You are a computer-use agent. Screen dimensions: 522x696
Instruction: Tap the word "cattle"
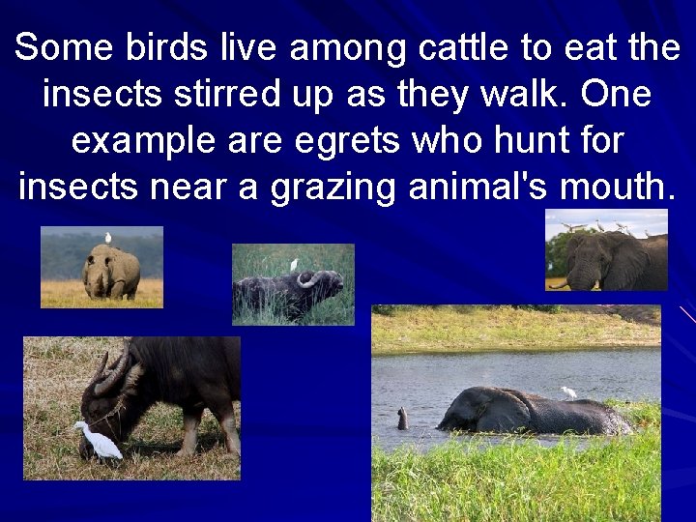[456, 47]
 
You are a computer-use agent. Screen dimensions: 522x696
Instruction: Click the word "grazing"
[325, 187]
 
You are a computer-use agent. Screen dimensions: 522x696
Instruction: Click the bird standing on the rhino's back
[108, 237]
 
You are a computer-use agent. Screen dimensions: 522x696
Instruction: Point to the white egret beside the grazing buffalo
[99, 442]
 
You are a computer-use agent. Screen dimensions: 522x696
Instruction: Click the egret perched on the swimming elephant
[568, 392]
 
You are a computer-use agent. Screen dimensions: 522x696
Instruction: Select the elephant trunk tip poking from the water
[401, 418]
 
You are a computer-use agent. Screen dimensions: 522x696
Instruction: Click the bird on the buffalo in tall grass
[294, 264]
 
